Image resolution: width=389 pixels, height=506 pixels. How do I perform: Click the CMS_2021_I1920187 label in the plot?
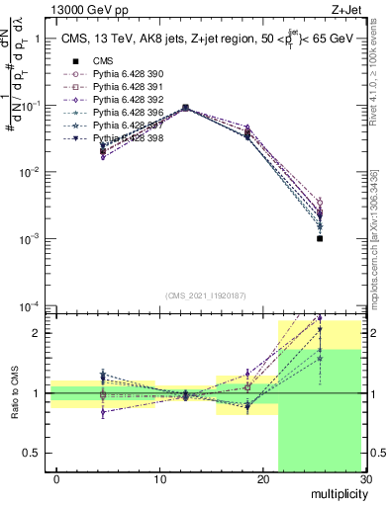(x=205, y=295)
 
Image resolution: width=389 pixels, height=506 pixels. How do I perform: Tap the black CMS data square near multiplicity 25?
(x=320, y=238)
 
